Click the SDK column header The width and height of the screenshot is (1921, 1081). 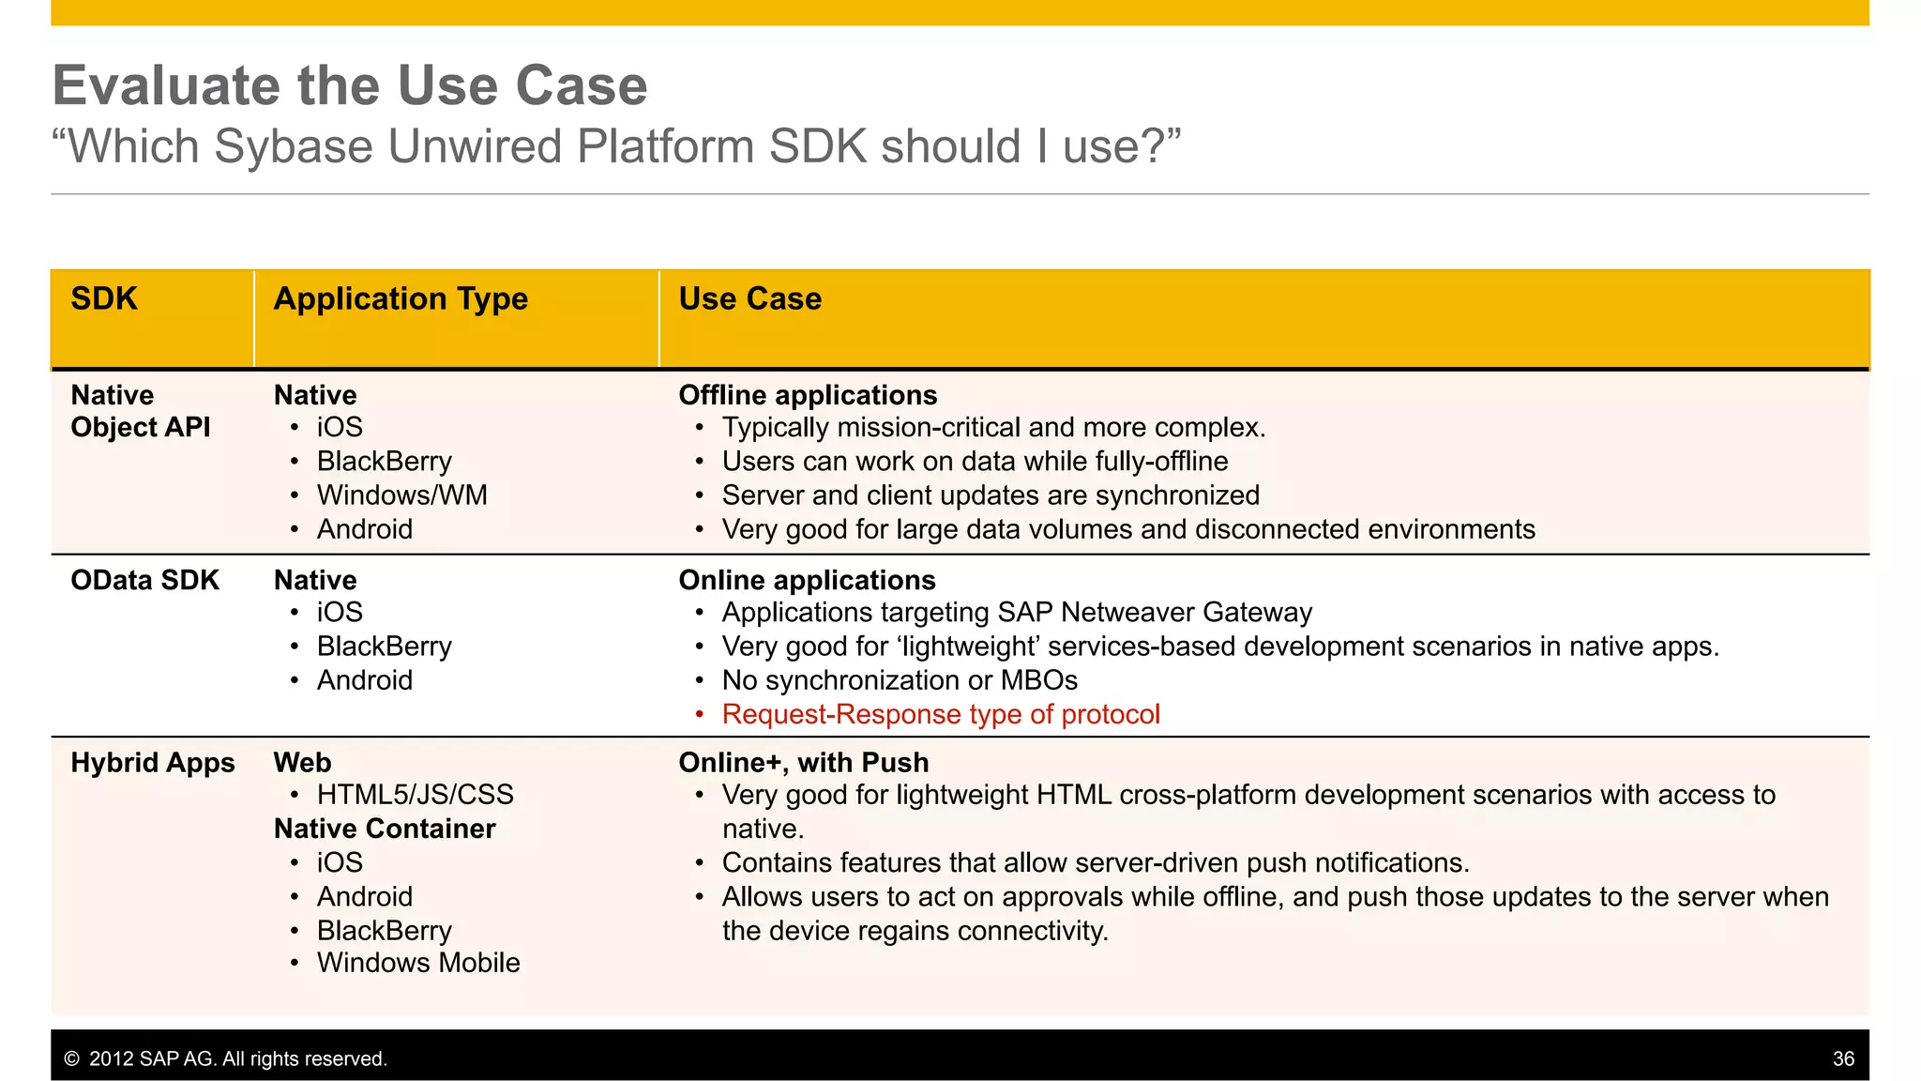pyautogui.click(x=104, y=299)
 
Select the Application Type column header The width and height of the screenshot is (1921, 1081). pyautogui.click(x=401, y=299)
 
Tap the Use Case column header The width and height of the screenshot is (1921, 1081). pyautogui.click(x=749, y=299)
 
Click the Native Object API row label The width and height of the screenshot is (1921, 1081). pyautogui.click(x=140, y=411)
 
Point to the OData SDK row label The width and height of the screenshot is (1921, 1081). pyautogui.click(x=144, y=580)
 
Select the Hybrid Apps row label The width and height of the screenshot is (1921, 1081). pyautogui.click(x=153, y=763)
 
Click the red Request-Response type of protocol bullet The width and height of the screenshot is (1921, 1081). pyautogui.click(x=940, y=714)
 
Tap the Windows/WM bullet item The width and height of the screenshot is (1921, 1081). pyautogui.click(x=401, y=495)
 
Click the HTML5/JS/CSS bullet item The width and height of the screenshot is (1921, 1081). pyautogui.click(x=415, y=795)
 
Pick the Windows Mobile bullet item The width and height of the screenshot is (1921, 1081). pyautogui.click(x=417, y=963)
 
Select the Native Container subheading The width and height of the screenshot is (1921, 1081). pyautogui.click(x=384, y=829)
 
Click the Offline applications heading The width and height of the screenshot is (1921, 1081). pyautogui.click(x=808, y=395)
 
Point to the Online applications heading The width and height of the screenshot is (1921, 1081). pyautogui.click(x=807, y=580)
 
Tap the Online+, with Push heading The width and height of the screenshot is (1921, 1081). pyautogui.click(x=803, y=763)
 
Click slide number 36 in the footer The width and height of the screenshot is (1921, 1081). pyautogui.click(x=1842, y=1058)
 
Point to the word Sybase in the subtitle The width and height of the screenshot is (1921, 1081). pyautogui.click(x=294, y=147)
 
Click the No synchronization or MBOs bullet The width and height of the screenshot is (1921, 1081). pyautogui.click(x=899, y=680)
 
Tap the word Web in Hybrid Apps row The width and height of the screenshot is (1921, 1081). pyautogui.click(x=302, y=763)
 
